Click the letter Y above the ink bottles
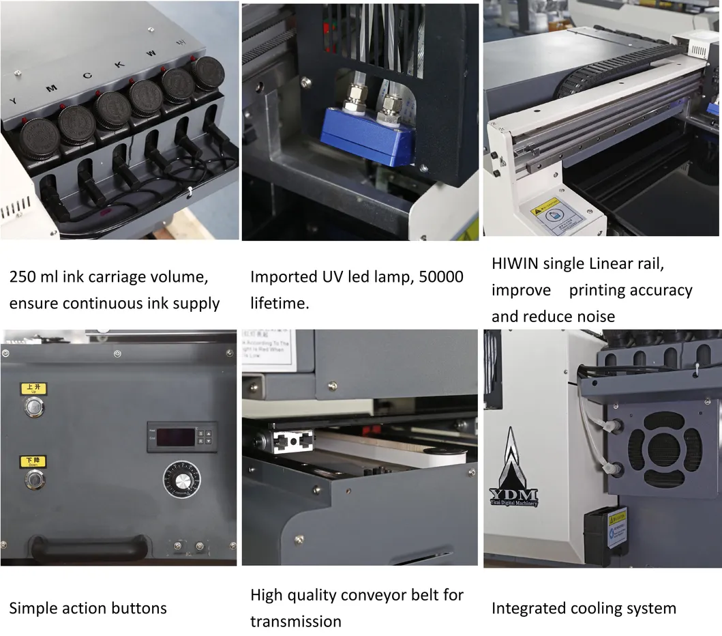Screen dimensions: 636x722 coord(13,101)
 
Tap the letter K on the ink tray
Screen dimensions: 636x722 coord(119,64)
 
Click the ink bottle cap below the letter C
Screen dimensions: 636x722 coord(112,109)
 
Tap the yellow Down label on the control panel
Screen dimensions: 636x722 coord(33,462)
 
